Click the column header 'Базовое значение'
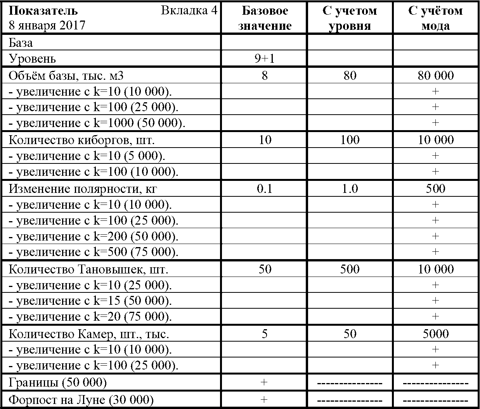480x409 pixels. (265, 18)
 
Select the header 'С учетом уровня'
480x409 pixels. (350, 18)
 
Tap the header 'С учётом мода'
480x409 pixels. (435, 18)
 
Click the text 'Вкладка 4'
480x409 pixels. (189, 10)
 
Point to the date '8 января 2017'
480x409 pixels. (47, 25)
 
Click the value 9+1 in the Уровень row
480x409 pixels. (265, 58)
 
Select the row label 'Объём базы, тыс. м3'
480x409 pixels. (68, 75)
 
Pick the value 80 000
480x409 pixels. (435, 75)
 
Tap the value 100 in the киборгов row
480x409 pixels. (350, 140)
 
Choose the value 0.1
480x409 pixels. (265, 189)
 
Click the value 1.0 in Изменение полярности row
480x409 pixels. (350, 189)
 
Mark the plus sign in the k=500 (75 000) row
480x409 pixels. (435, 252)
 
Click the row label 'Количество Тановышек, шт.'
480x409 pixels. (88, 269)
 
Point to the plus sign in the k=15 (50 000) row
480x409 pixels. (435, 301)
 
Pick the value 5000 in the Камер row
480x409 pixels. (435, 334)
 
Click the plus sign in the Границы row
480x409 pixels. (264, 382)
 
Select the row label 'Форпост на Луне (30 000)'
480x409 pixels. (81, 399)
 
